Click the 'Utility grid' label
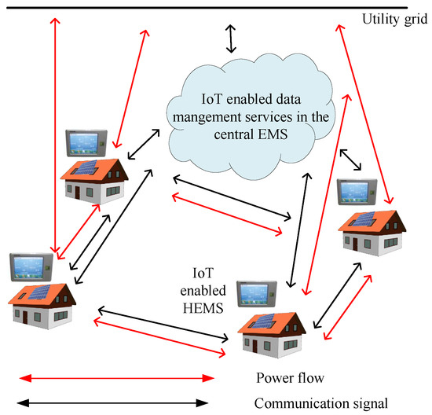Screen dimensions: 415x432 coord(392,18)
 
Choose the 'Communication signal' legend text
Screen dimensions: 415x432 coord(321,404)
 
